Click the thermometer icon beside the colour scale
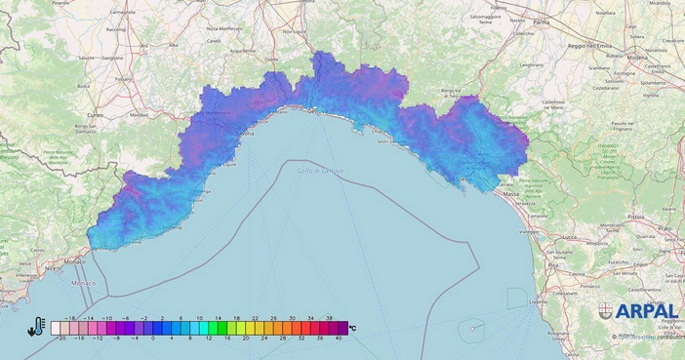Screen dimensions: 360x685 point(37,327)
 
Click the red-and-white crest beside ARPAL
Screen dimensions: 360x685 point(606,311)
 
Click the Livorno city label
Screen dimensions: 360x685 point(538,302)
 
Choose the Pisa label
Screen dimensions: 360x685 point(552,264)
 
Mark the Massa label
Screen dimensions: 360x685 point(510,193)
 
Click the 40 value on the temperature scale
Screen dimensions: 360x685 point(339,338)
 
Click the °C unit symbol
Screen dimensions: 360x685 point(352,328)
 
